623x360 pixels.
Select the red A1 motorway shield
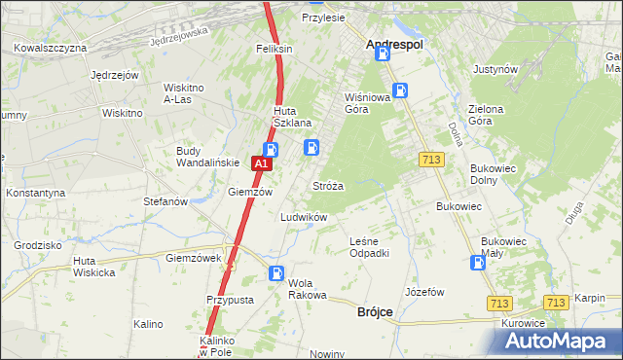pyautogui.click(x=260, y=165)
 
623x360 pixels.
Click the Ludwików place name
pyautogui.click(x=304, y=217)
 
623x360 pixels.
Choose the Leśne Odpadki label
pyautogui.click(x=370, y=247)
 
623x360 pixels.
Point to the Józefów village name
pyautogui.click(x=424, y=292)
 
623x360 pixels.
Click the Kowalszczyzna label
pyautogui.click(x=51, y=48)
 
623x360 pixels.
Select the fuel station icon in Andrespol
pyautogui.click(x=384, y=55)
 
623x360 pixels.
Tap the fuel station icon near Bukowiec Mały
pyautogui.click(x=478, y=262)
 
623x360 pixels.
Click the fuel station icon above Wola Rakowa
pyautogui.click(x=276, y=274)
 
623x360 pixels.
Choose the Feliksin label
pyautogui.click(x=275, y=48)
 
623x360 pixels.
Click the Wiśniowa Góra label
pyautogui.click(x=366, y=103)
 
